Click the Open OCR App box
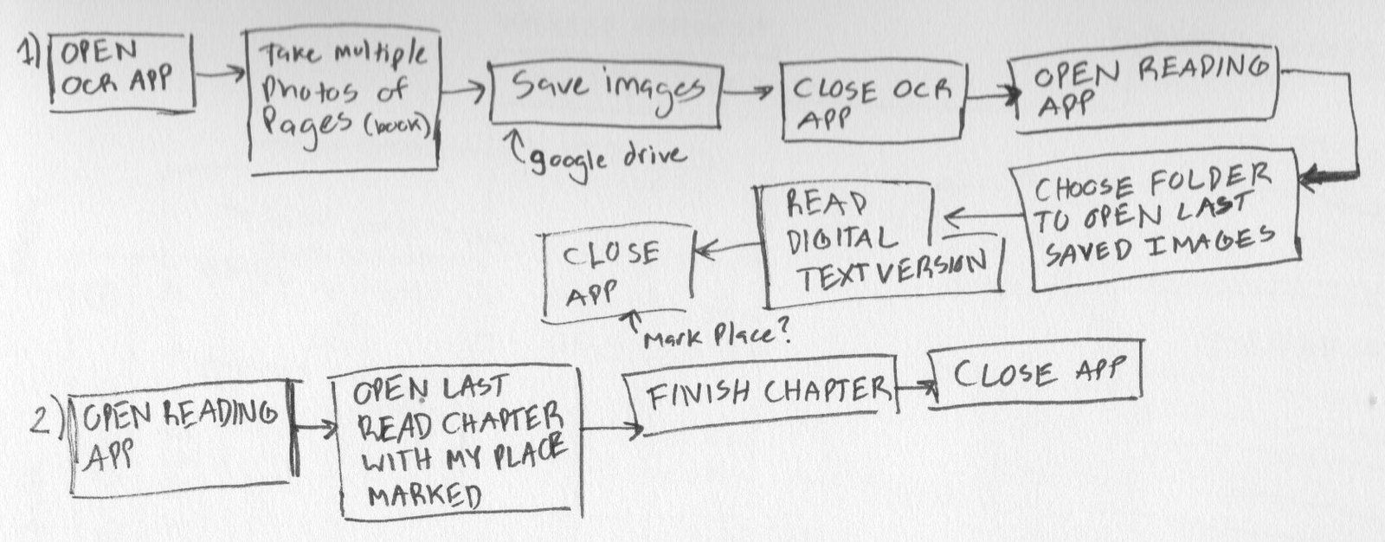(121, 73)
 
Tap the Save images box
(605, 91)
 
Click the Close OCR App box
(871, 102)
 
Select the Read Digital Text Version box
(883, 246)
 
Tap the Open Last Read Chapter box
(459, 442)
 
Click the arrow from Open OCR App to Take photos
(220, 76)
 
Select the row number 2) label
(43, 420)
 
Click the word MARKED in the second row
(424, 496)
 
